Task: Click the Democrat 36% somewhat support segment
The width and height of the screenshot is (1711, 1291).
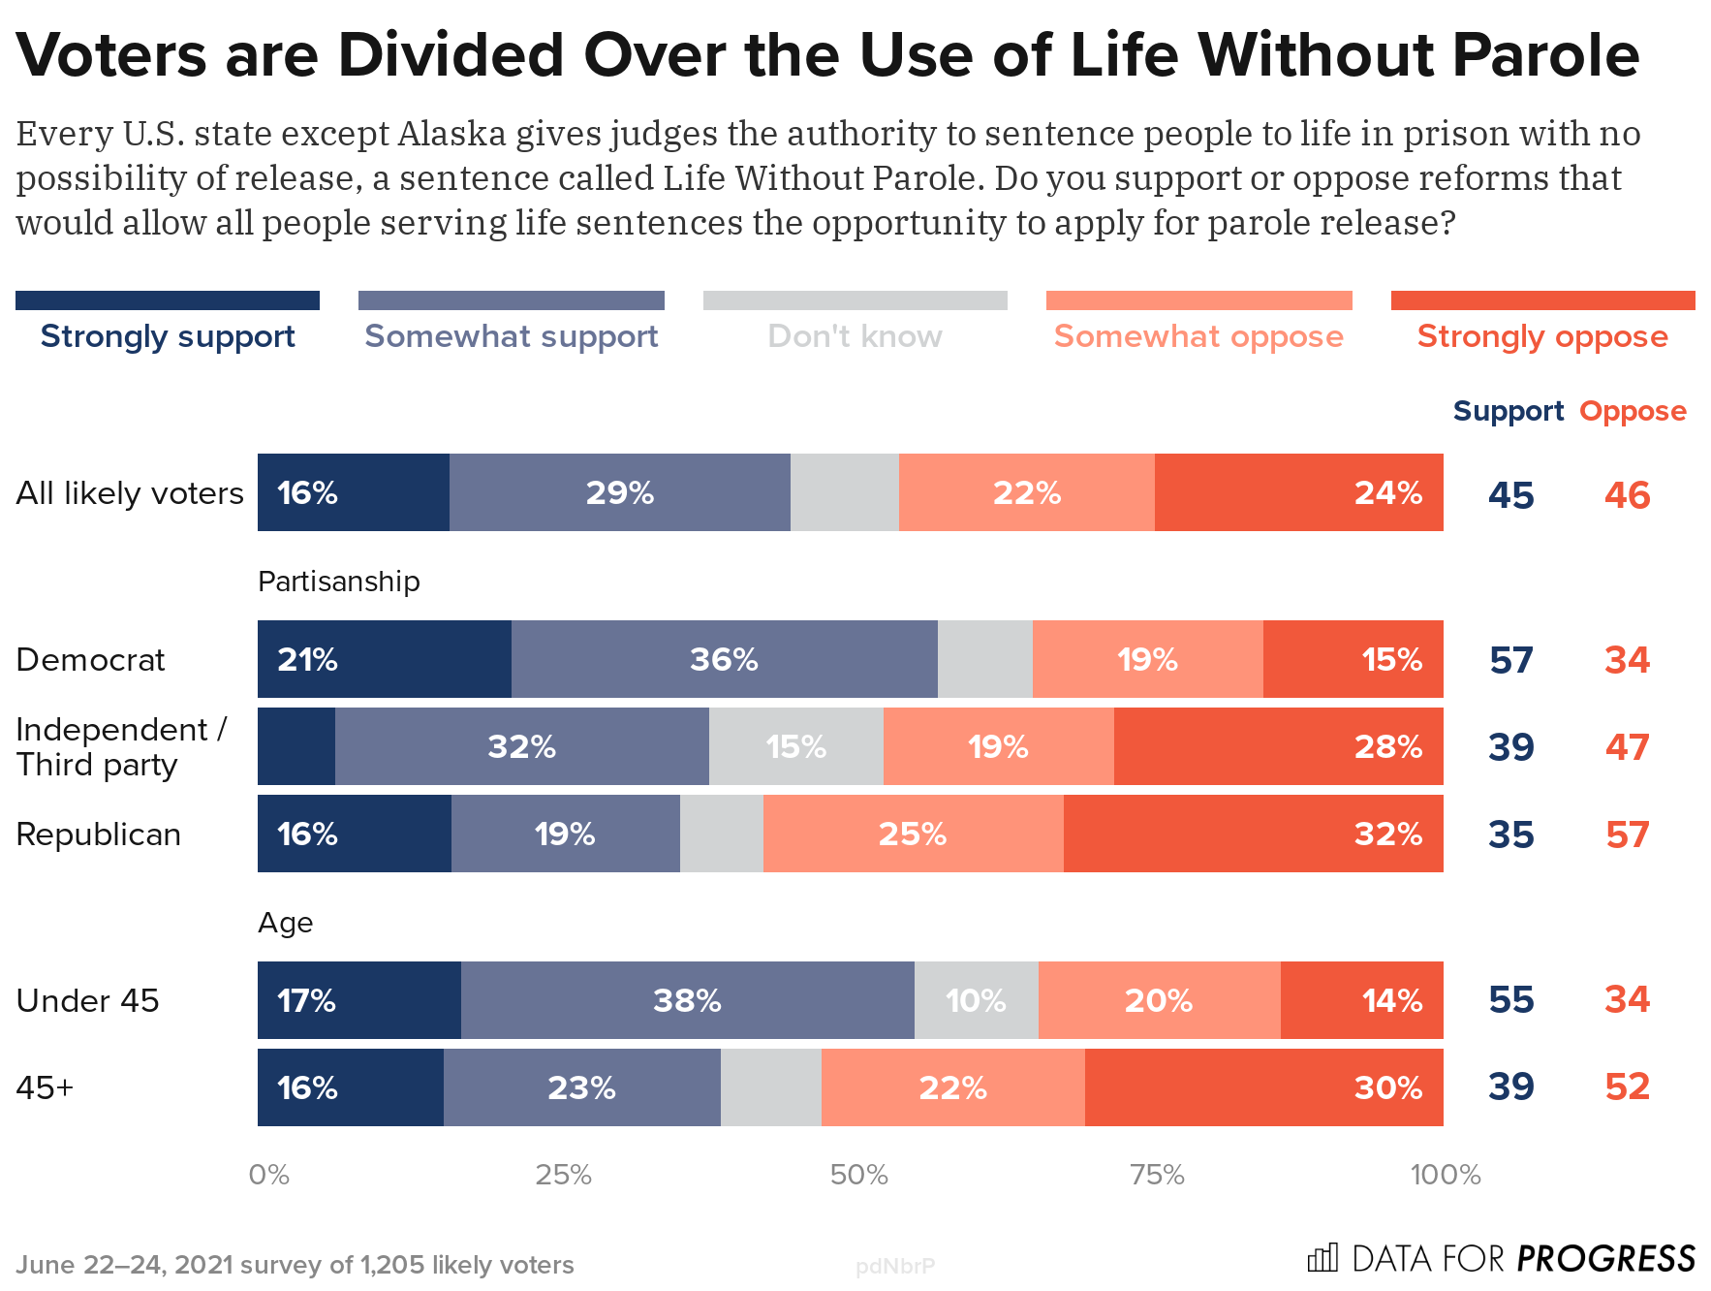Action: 724,659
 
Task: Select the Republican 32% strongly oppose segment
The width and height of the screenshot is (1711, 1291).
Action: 1253,834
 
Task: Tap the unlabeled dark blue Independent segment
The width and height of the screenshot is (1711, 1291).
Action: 296,746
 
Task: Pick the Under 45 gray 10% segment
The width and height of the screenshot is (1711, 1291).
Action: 976,1000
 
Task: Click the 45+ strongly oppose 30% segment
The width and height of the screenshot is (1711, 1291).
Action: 1263,1087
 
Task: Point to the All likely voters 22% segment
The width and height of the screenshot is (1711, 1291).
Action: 1026,492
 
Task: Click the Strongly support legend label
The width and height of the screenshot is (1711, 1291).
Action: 168,336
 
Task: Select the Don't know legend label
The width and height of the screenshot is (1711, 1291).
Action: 855,336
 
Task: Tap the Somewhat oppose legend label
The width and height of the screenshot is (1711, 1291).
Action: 1198,336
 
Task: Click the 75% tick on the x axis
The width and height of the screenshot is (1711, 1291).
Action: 1157,1175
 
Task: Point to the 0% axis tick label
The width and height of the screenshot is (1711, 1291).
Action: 268,1175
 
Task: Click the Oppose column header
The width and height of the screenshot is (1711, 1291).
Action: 1633,411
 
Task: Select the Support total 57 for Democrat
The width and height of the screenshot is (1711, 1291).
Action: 1510,660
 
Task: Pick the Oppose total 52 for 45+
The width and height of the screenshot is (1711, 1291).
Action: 1627,1086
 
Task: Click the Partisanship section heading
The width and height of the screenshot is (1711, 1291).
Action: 339,582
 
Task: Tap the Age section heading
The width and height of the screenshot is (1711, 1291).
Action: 285,923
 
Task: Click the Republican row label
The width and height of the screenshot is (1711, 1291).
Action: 99,834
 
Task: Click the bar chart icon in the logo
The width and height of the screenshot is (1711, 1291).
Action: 1322,1258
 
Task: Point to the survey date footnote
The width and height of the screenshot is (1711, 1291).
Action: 295,1265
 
